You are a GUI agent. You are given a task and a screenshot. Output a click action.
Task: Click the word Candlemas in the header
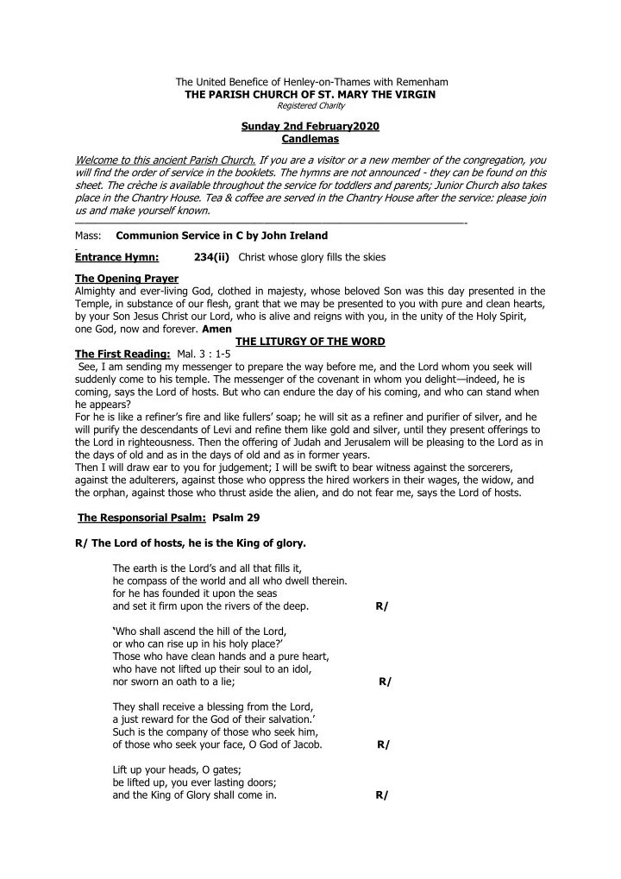click(310, 139)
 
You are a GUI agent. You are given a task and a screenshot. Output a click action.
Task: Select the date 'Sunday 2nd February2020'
click(310, 127)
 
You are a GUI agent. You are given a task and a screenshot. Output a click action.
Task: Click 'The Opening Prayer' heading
click(119, 279)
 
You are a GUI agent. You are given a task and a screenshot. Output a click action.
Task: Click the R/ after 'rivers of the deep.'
click(382, 606)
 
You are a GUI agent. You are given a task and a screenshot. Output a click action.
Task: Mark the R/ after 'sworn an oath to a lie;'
click(385, 681)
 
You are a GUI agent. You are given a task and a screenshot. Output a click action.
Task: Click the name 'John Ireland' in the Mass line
click(296, 235)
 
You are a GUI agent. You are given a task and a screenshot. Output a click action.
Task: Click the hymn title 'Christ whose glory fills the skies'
click(312, 257)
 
